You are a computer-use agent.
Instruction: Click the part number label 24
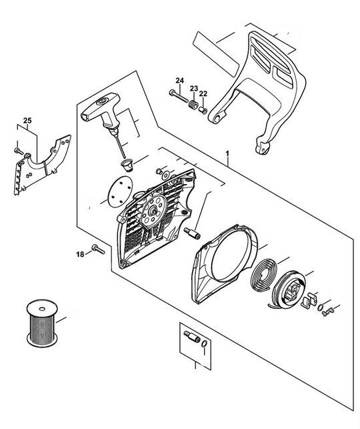tap(179, 81)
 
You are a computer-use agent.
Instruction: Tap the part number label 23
tap(194, 88)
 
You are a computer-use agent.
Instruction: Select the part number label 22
tap(203, 93)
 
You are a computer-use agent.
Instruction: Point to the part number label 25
tap(27, 120)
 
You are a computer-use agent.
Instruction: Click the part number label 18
tap(80, 254)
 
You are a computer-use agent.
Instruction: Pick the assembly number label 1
tap(227, 153)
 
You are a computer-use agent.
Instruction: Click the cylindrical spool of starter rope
tap(42, 324)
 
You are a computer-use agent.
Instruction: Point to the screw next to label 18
tap(99, 249)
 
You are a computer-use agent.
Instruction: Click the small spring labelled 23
tap(193, 105)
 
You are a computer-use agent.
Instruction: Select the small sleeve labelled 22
tap(203, 111)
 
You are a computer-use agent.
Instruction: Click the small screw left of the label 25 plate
tap(19, 150)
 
